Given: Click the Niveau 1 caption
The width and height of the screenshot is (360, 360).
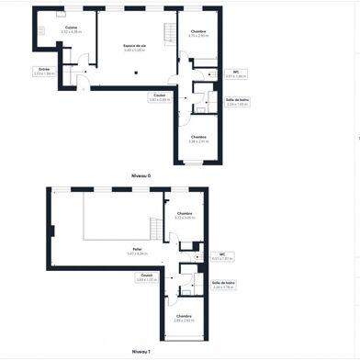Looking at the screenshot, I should point(140,351).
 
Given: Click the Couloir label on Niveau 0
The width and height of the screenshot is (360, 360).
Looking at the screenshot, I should point(159,96).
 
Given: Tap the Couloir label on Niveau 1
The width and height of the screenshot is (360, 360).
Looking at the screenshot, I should point(147,276).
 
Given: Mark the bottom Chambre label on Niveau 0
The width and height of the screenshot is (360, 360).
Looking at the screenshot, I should point(198,139).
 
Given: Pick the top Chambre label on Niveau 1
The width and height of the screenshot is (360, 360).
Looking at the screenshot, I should point(185,215).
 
